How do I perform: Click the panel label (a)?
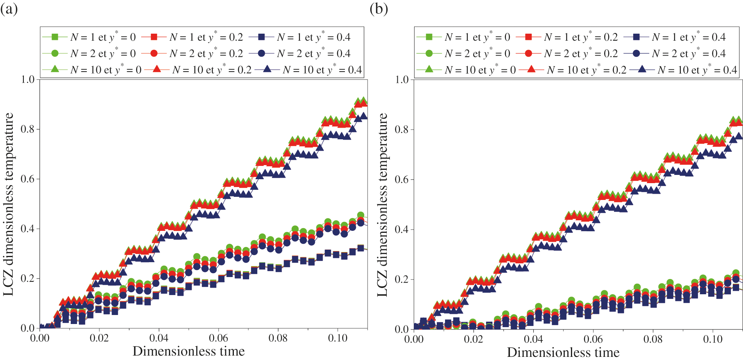(9, 9)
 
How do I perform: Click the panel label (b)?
(379, 9)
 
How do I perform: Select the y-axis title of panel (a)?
(9, 204)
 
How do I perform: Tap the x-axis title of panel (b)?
(563, 352)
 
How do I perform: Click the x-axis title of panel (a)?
(188, 351)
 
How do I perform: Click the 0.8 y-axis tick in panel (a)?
(27, 129)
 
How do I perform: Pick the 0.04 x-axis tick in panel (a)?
(159, 338)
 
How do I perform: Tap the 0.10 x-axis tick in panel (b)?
(712, 339)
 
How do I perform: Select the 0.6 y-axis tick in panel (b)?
(402, 180)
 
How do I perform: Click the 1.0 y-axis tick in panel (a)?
(27, 79)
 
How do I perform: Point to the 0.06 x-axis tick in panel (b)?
(593, 339)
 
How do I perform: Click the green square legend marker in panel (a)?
(55, 37)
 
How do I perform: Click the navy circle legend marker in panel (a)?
(261, 53)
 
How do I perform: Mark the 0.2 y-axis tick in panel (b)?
(402, 279)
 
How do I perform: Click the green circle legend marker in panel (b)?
(429, 54)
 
